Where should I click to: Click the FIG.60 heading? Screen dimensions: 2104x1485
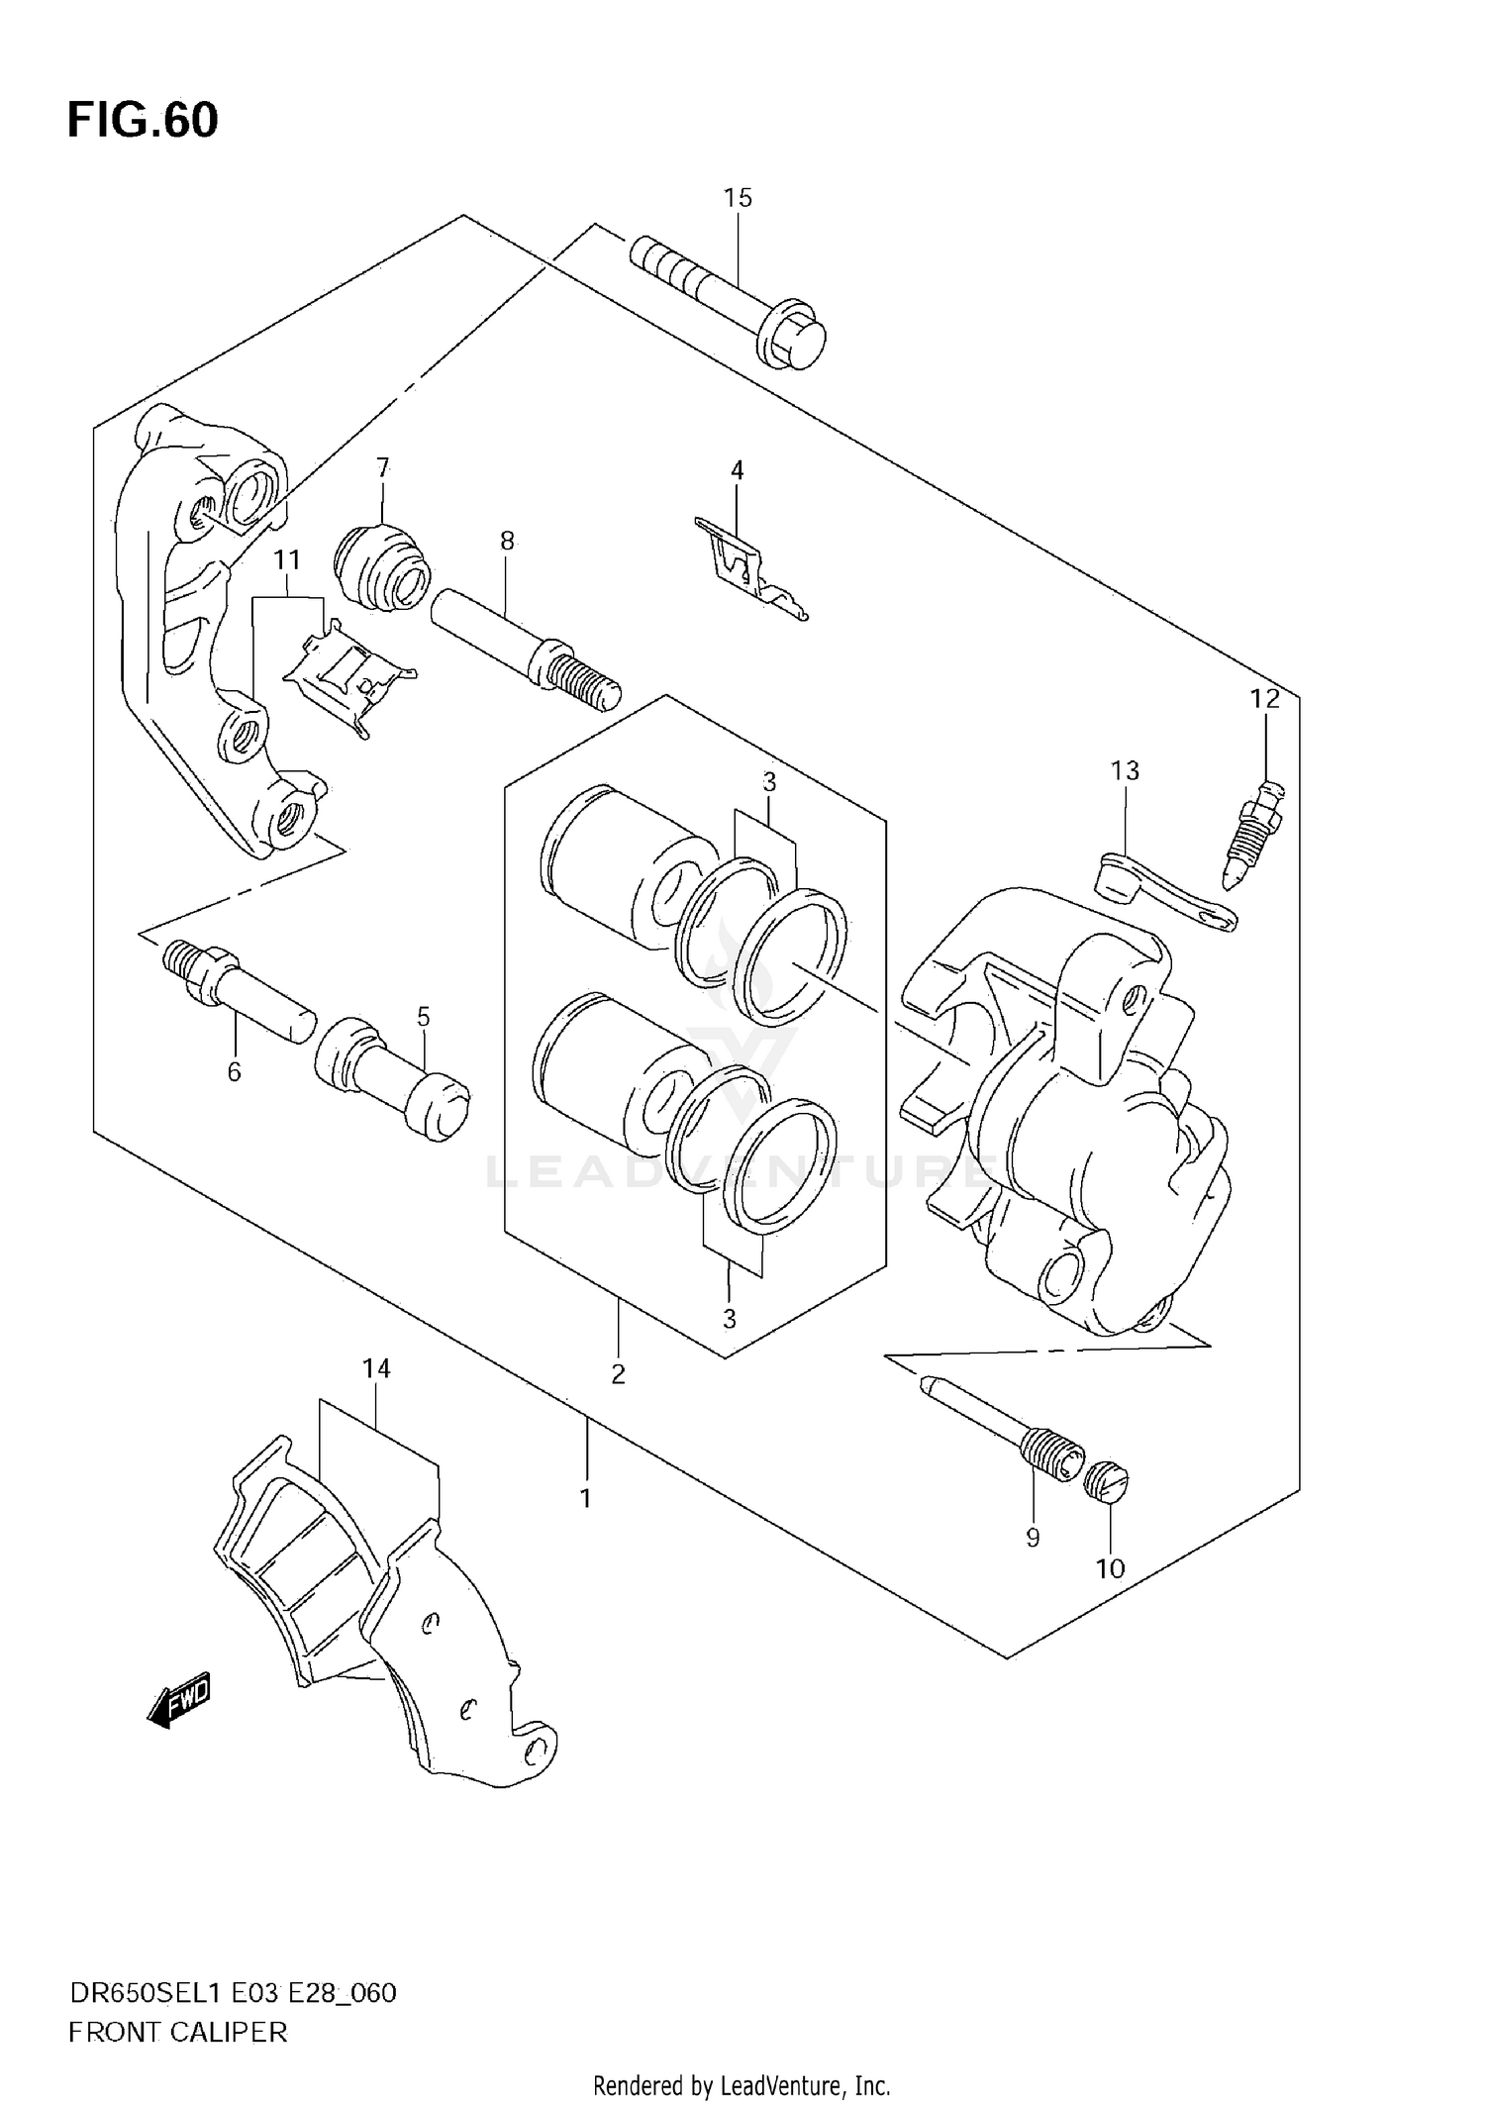pos(143,121)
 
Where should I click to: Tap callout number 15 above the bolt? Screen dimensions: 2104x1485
pos(738,198)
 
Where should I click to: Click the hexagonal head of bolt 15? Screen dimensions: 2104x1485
pos(795,344)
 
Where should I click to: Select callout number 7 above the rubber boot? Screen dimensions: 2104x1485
pos(383,467)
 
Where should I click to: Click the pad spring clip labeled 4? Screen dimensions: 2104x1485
pos(747,571)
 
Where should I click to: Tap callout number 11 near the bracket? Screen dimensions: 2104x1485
pos(287,560)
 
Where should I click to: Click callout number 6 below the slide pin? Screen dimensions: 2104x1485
pos(235,1071)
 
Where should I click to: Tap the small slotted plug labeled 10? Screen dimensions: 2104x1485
pos(1107,1480)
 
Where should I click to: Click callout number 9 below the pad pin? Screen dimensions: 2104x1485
pos(1033,1537)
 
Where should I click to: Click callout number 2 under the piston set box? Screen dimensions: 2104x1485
pos(618,1373)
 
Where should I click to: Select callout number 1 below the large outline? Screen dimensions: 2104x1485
pos(585,1498)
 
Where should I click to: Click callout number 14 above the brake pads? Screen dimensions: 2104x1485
pos(376,1368)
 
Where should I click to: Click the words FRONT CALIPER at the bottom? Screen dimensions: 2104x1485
pos(178,2033)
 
